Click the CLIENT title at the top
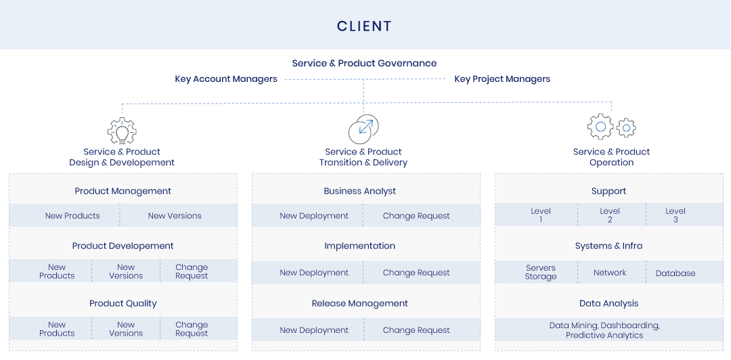(364, 26)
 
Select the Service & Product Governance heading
(364, 63)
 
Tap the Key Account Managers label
(226, 78)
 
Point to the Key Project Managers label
(502, 78)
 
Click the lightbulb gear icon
(122, 131)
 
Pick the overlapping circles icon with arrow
(363, 129)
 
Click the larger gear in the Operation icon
(600, 127)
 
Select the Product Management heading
(123, 192)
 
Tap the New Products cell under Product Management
(72, 215)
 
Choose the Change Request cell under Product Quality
(192, 329)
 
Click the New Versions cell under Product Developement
(126, 271)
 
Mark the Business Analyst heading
(359, 192)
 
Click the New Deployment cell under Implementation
(314, 272)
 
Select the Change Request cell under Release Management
(416, 330)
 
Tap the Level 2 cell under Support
(610, 215)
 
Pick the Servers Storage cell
(541, 272)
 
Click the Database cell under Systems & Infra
(675, 273)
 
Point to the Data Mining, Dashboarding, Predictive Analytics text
(604, 330)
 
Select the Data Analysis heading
(608, 304)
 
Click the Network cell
(610, 273)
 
